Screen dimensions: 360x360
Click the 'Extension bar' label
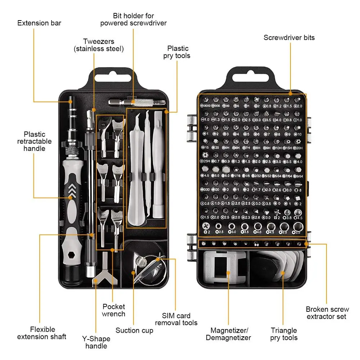click(x=39, y=23)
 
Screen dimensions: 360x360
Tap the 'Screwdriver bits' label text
click(x=289, y=37)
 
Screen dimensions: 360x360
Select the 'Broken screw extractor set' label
click(x=327, y=313)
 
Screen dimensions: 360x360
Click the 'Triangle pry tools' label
click(x=284, y=334)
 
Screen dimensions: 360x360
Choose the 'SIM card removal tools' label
click(x=176, y=319)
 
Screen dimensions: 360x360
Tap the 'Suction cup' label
click(x=134, y=330)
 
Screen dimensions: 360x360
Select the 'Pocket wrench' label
click(x=114, y=310)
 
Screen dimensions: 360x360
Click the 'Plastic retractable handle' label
click(x=35, y=141)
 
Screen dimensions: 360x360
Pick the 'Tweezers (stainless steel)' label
click(x=98, y=45)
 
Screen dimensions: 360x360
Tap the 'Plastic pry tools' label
click(x=178, y=52)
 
